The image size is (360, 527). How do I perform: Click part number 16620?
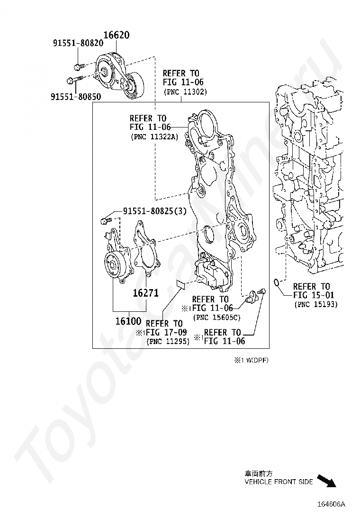point(116,35)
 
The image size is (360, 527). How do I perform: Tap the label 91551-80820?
point(78,43)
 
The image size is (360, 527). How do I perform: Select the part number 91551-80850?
point(76,97)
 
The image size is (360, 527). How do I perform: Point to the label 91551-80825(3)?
point(154,211)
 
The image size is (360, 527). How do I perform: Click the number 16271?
point(146,293)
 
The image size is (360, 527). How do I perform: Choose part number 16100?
point(128,321)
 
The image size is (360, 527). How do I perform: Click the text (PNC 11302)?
point(185,92)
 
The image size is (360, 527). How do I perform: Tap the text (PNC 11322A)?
point(154,137)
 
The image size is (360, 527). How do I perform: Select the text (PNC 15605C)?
point(216,317)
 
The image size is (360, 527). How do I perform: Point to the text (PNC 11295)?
point(168,341)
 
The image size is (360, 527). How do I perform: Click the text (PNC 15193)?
point(315,304)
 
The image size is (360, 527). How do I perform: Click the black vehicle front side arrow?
point(327,481)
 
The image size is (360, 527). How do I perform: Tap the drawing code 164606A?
point(332,504)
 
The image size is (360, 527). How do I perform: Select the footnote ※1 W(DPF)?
point(251,360)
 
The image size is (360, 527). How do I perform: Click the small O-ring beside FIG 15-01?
point(276,282)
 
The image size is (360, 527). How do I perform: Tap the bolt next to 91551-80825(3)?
point(106,220)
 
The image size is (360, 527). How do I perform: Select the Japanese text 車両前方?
point(258,473)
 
